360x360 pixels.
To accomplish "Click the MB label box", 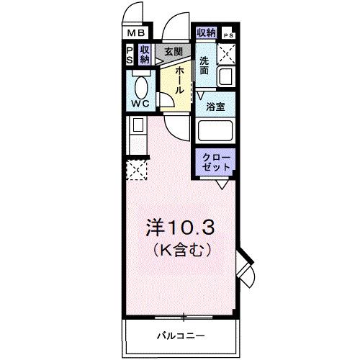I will click(x=135, y=32).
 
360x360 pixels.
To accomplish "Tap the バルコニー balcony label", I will click(x=180, y=336).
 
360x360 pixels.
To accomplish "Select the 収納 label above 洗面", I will click(x=206, y=32).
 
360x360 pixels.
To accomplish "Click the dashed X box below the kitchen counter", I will click(x=137, y=170).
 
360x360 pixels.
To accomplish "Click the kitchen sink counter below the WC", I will click(x=135, y=135).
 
